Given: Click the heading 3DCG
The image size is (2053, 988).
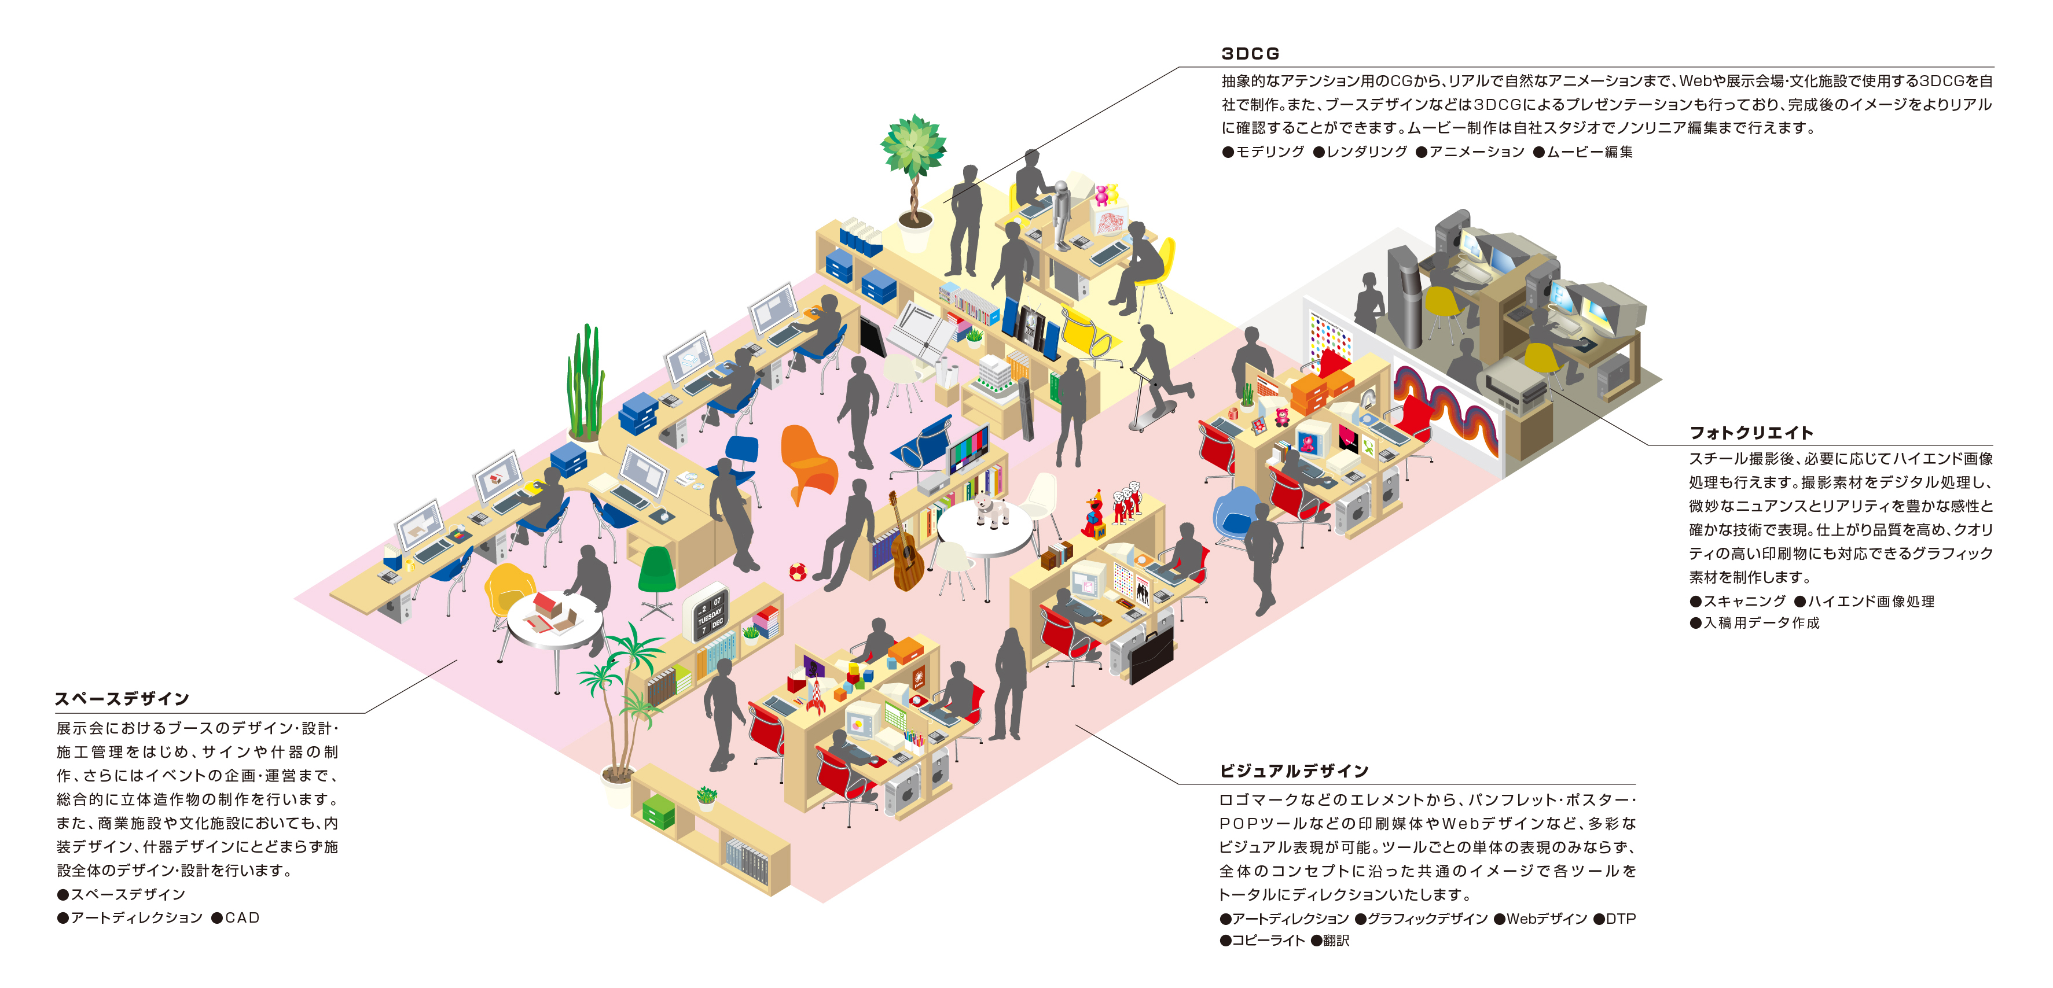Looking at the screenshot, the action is point(1250,53).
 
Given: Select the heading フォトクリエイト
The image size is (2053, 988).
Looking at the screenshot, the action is point(1751,433).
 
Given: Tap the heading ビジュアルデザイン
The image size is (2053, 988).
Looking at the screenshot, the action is point(1294,771).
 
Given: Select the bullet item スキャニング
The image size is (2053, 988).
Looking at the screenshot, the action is point(1738,602).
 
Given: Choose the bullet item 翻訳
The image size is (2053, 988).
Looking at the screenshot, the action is point(1330,940).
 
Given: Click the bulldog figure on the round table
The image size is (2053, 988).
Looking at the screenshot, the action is point(991,510).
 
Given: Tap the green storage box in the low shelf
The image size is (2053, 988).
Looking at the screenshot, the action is point(658,811).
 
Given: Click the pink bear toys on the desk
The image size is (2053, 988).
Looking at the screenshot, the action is point(1106,194).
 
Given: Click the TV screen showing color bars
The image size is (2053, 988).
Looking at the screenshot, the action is point(969,449).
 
